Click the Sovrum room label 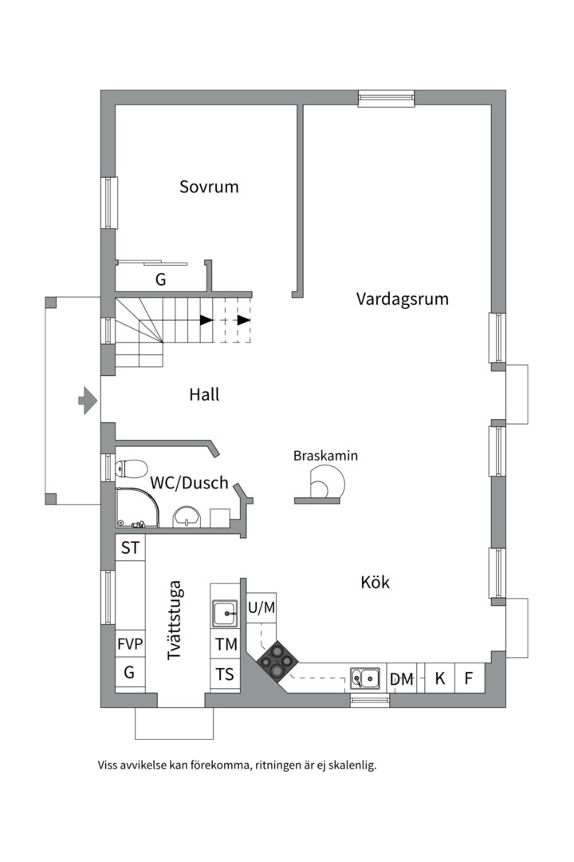click(209, 187)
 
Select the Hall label click(204, 394)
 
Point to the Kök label click(375, 583)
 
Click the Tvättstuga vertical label click(176, 620)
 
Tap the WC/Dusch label click(189, 483)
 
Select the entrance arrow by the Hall click(87, 399)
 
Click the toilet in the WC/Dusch click(132, 468)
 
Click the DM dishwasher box click(402, 679)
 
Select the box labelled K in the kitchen click(439, 679)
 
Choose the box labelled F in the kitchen click(470, 679)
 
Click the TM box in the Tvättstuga click(226, 644)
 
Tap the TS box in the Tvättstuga click(226, 674)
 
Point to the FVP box click(130, 644)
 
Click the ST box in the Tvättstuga click(130, 548)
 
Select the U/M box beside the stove click(261, 608)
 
